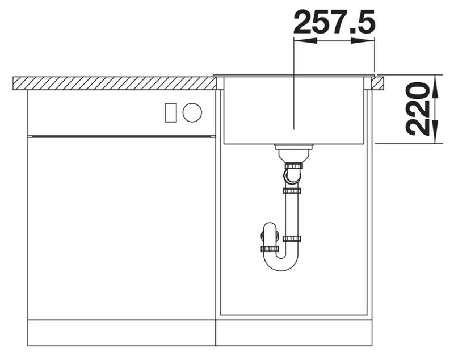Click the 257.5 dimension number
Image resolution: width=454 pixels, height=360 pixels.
coord(334,22)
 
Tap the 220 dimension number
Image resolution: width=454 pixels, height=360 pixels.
coord(417,109)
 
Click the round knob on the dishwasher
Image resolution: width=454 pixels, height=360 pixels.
coord(192,112)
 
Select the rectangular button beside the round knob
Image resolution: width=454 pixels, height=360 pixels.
coord(171,112)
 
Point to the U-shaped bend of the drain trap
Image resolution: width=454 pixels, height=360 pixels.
coord(281,262)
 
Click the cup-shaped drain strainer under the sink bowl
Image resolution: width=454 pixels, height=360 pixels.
coord(293,153)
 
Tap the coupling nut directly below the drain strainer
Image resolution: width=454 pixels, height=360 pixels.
coord(294,166)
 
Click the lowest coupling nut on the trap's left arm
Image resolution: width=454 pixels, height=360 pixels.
coord(270,249)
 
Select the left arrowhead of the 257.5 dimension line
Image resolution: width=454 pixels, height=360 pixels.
coord(305,41)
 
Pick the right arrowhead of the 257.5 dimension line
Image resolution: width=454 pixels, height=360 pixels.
coord(363,41)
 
